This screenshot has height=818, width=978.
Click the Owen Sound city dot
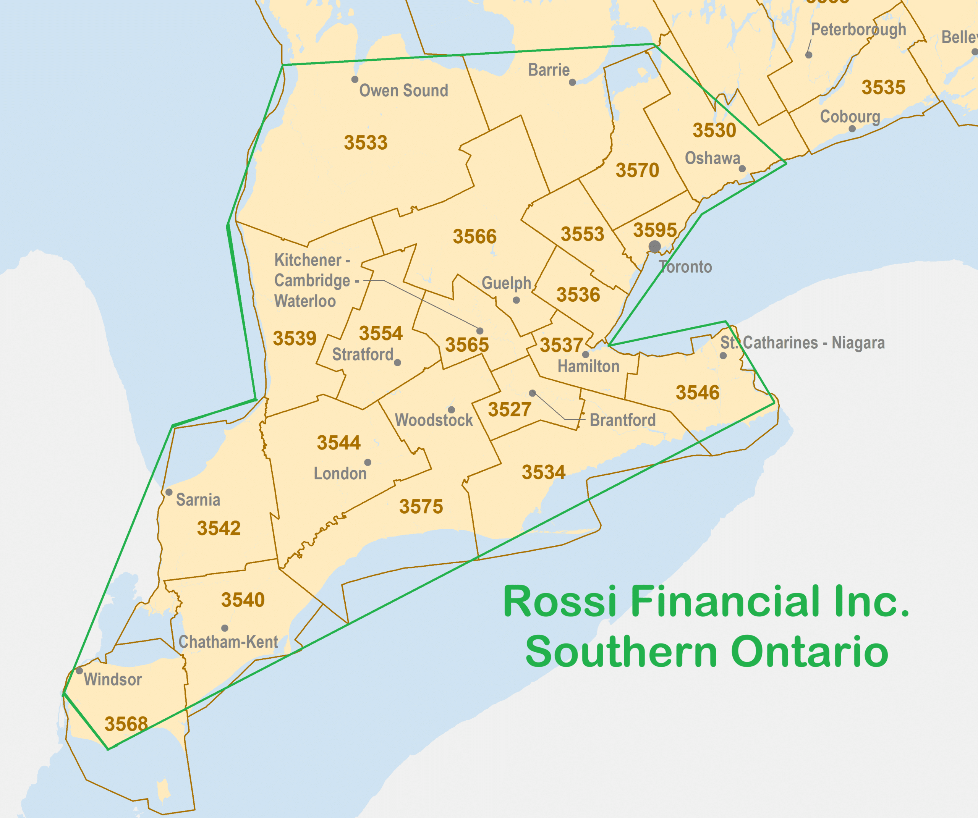[x=355, y=79]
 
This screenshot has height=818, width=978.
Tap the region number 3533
[x=366, y=142]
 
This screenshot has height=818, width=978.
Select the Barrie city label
[x=549, y=70]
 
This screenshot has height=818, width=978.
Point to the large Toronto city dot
[x=654, y=246]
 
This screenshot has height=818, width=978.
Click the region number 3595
[x=655, y=230]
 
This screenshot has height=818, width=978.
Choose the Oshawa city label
[x=712, y=158]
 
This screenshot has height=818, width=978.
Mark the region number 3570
[x=637, y=170]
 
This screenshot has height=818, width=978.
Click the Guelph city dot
[x=516, y=300]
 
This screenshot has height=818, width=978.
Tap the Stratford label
[x=362, y=354]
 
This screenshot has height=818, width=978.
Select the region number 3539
[x=294, y=338]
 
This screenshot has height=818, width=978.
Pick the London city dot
[x=368, y=462]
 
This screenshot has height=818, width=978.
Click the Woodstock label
[x=434, y=420]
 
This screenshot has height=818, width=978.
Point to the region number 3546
[x=697, y=393]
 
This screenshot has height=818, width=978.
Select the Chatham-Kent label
[x=228, y=642]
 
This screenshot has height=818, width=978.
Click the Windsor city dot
[x=79, y=671]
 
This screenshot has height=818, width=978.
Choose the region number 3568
[x=126, y=724]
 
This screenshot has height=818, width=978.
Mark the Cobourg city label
[x=850, y=116]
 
